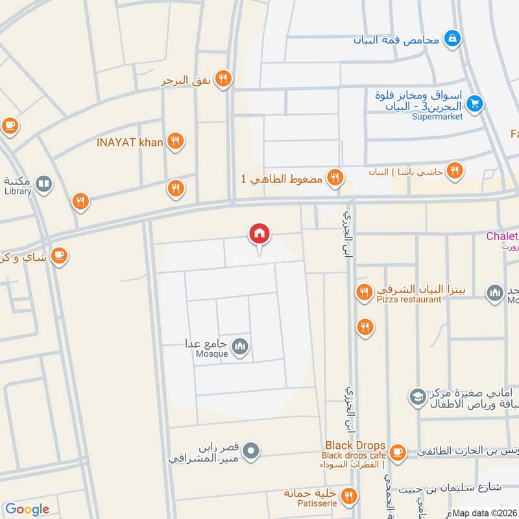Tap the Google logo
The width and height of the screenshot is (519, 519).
27,509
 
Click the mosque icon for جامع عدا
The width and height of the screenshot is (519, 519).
241,347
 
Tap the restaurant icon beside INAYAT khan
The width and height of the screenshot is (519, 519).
175,141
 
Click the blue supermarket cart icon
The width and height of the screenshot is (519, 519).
475,103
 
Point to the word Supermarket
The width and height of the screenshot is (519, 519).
437,117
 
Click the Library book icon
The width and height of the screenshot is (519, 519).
43,185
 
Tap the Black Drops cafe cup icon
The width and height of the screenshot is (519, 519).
398,450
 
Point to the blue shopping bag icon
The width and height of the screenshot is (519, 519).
452,38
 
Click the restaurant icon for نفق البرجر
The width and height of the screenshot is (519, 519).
224,78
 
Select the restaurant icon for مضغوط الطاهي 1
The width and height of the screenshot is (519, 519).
335,178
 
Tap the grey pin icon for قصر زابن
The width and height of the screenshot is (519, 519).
253,450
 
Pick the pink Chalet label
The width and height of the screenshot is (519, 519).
502,236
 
